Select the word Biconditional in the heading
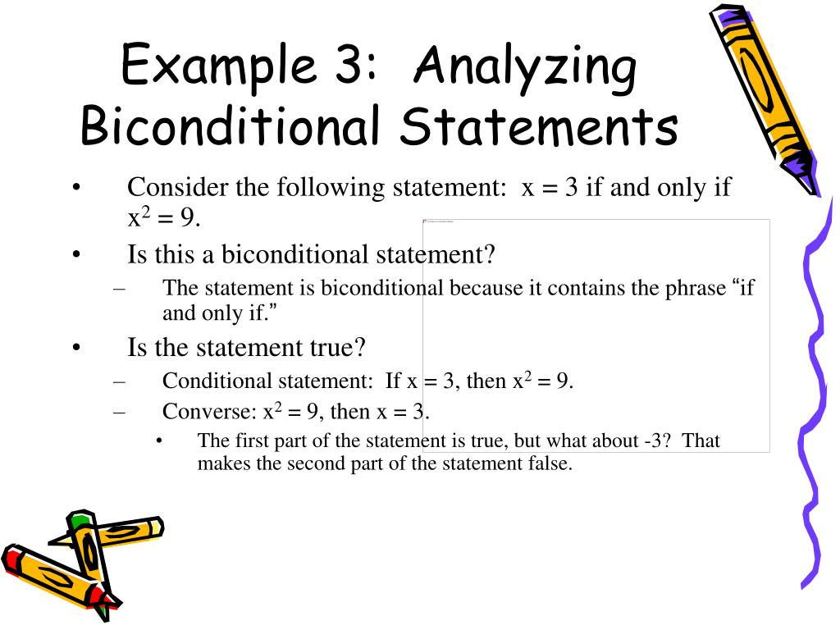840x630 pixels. pos(231,128)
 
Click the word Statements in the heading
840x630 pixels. pos(542,128)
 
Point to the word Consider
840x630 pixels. pos(176,188)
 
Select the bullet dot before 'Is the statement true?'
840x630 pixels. pos(75,348)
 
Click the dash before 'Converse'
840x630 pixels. pos(120,411)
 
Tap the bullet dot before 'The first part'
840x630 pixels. pos(159,441)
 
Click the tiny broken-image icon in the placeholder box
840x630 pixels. pos(425,221)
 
